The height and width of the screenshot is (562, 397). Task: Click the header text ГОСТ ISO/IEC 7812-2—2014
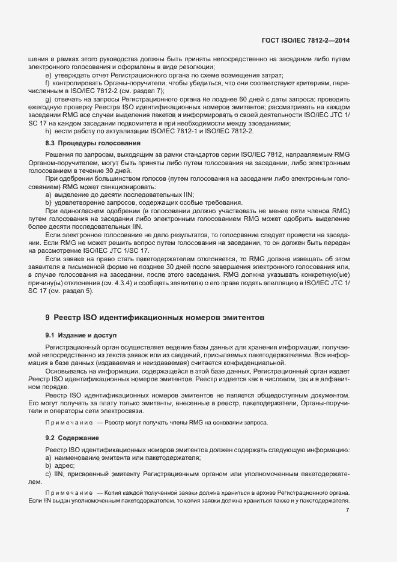(x=306, y=40)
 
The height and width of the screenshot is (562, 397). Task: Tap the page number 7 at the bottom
(x=348, y=510)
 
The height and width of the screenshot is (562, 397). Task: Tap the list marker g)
(x=48, y=98)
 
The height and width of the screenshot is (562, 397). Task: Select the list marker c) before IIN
(x=48, y=474)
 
